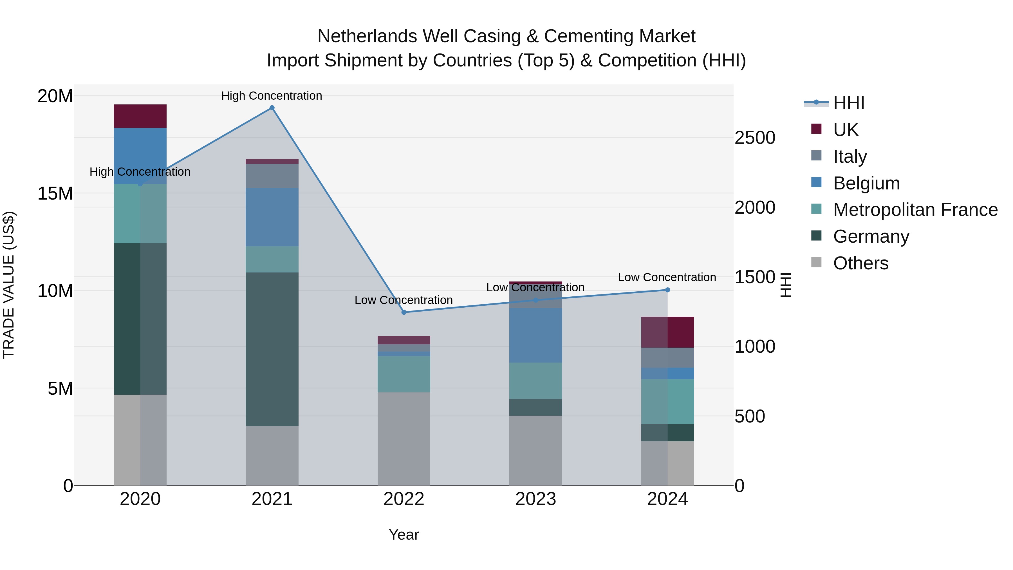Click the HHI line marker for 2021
[x=272, y=108]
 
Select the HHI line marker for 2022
[x=404, y=312]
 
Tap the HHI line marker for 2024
[x=667, y=290]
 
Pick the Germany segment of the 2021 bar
[x=272, y=349]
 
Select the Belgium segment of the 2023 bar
[x=535, y=335]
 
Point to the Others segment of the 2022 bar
[x=404, y=439]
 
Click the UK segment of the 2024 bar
[x=667, y=332]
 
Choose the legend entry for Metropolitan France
[x=915, y=210]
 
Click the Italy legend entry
[x=850, y=156]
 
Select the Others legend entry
[x=860, y=263]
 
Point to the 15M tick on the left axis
[x=55, y=194]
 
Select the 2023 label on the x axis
[x=535, y=499]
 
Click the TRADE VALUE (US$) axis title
[x=9, y=285]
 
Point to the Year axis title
[x=404, y=535]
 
